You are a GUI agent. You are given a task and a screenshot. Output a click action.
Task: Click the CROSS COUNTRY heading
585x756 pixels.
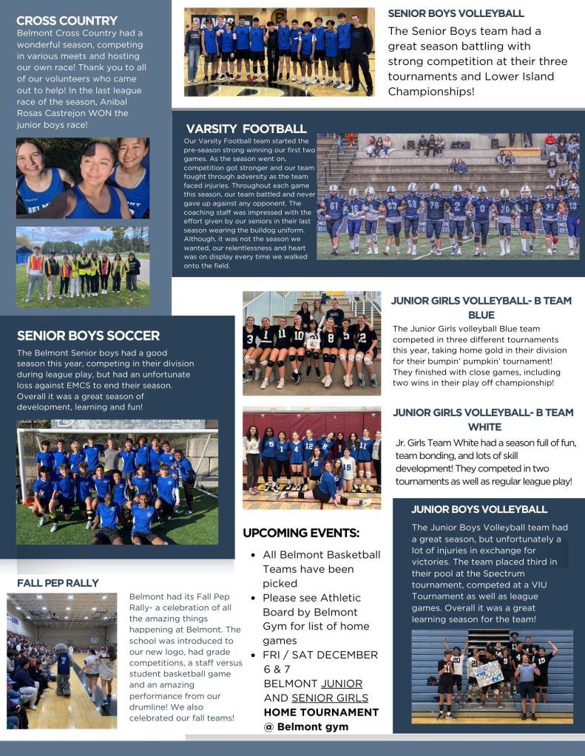67,21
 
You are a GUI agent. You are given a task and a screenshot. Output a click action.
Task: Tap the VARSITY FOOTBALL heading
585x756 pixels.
247,129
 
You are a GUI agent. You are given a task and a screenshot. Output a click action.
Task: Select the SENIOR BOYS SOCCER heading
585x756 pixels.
88,336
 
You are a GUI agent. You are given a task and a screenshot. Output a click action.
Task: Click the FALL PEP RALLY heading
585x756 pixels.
58,583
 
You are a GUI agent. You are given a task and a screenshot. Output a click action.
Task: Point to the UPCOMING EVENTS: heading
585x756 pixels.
301,533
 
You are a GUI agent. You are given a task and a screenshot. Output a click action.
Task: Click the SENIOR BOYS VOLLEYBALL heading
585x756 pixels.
456,13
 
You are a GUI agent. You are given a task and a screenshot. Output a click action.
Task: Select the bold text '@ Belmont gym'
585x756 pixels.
305,726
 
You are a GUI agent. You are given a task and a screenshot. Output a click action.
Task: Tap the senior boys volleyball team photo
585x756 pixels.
279,52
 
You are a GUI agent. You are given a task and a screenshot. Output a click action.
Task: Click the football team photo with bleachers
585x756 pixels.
448,196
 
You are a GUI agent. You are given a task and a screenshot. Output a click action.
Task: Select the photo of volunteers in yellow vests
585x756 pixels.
82,267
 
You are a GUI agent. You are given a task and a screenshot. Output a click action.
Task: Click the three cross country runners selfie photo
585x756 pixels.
82,177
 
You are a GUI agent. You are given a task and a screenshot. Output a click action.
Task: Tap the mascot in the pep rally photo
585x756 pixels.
63,669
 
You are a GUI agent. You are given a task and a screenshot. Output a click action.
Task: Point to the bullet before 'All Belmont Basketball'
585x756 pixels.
254,555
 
